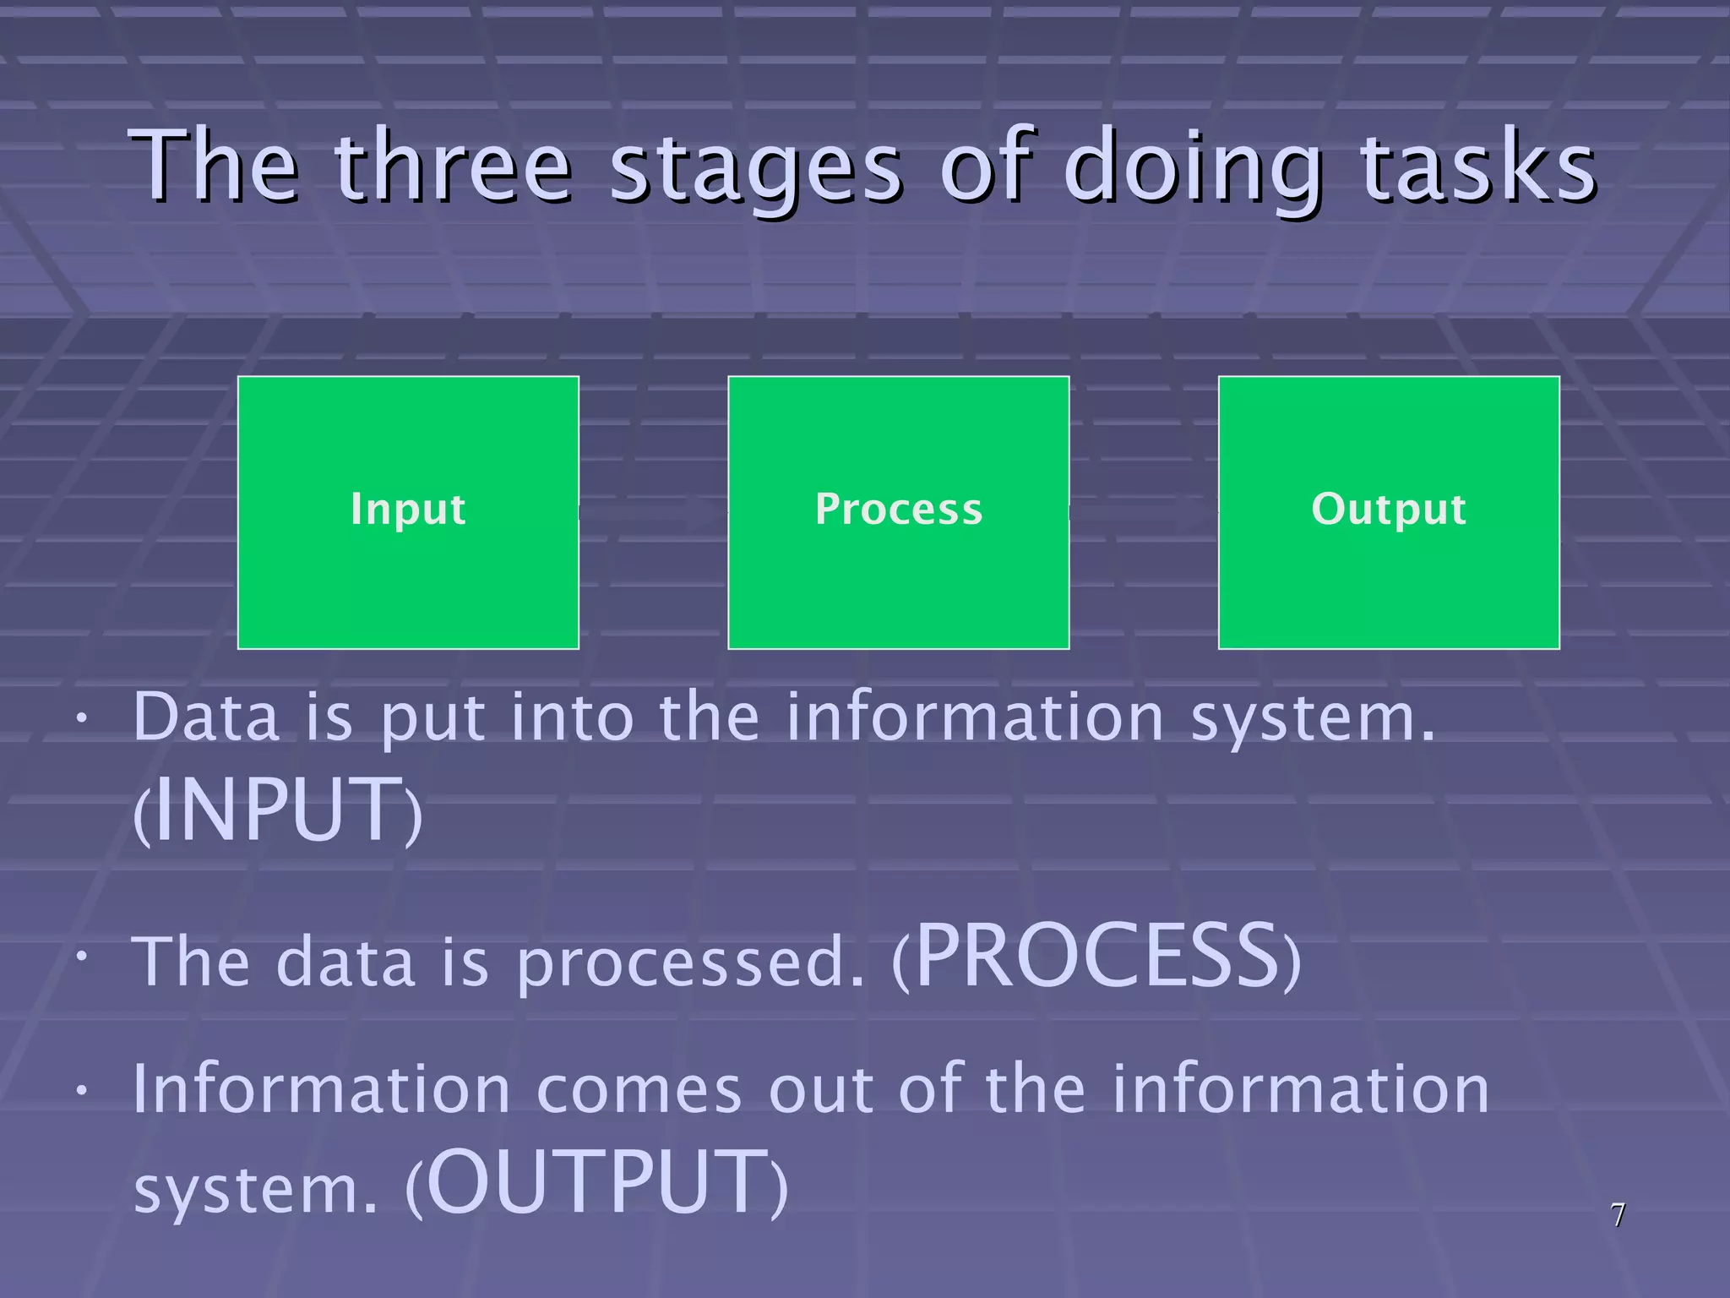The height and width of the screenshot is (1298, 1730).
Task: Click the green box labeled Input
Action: pos(408,512)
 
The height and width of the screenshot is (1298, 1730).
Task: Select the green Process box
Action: pos(898,512)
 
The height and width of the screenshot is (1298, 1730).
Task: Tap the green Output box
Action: pos(1388,512)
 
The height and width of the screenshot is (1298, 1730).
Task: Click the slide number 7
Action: pos(1617,1215)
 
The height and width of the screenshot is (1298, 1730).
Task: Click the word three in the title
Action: pos(454,166)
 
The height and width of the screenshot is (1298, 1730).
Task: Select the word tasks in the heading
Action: pos(1478,166)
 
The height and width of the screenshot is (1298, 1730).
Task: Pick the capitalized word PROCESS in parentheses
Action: pos(1097,957)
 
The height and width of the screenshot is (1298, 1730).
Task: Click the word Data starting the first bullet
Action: pos(206,717)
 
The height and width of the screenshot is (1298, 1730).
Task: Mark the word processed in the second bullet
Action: pos(690,963)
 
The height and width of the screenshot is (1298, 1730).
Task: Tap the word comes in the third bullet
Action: pos(639,1090)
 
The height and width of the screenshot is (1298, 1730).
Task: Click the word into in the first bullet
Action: pos(572,717)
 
